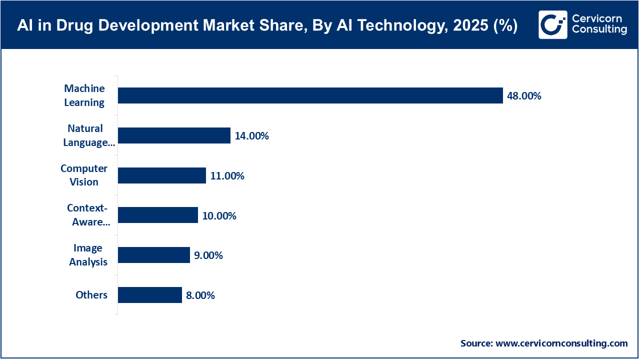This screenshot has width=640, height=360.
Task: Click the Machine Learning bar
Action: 310,95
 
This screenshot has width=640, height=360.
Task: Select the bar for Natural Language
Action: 174,135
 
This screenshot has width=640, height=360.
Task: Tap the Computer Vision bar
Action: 161,175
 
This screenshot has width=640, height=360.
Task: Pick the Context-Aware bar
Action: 157,215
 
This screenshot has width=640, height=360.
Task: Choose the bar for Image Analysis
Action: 153,255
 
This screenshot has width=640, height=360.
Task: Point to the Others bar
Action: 149,295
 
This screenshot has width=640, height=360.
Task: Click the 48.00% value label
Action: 524,96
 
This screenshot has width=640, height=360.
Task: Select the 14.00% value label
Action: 251,136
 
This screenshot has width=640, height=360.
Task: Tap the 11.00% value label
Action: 227,176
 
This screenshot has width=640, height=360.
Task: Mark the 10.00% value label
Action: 219,216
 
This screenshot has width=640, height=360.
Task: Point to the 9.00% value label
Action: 208,255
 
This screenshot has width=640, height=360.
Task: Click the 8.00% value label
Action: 200,295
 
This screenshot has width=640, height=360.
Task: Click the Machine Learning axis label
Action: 84,95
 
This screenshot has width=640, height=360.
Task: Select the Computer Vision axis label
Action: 84,175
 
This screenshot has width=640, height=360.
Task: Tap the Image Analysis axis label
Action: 88,255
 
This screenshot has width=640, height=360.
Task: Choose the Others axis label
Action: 91,295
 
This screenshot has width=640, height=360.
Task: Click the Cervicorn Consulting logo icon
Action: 553,24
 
